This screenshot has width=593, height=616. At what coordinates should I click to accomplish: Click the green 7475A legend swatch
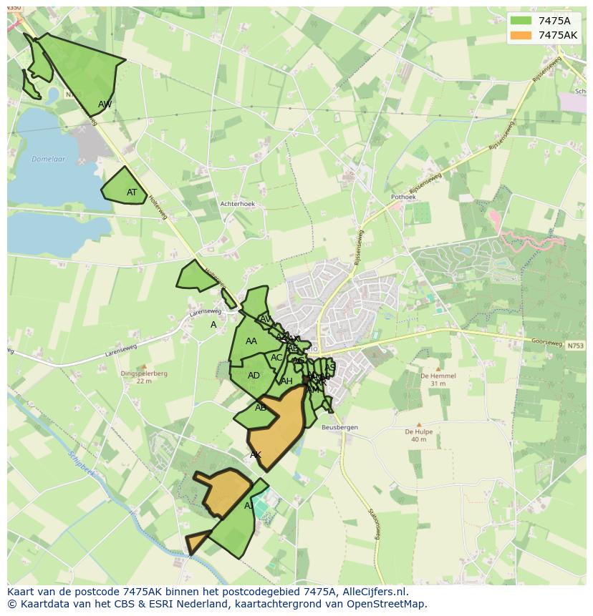click(x=520, y=21)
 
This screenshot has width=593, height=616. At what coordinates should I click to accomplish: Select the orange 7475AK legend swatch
click(x=520, y=35)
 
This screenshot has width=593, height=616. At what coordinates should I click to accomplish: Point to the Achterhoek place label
click(x=238, y=204)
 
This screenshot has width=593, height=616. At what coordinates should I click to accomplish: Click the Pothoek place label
click(x=403, y=197)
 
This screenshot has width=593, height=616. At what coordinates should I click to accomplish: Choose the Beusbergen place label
click(x=339, y=428)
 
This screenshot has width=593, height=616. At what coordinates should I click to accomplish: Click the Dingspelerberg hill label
click(x=144, y=373)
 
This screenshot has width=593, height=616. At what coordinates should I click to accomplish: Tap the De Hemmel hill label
click(x=433, y=376)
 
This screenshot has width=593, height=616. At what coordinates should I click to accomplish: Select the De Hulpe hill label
click(x=419, y=431)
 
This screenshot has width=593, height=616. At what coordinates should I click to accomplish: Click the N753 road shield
click(x=575, y=346)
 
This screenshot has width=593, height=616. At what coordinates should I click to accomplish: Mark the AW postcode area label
click(x=105, y=104)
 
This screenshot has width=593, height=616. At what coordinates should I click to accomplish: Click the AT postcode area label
click(x=132, y=192)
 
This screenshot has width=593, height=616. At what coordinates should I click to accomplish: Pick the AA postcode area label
click(x=251, y=341)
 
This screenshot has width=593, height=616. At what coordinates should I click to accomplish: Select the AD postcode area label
click(x=254, y=376)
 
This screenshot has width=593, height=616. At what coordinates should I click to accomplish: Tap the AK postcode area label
click(x=256, y=455)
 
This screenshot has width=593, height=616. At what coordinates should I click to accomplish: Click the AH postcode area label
click(x=286, y=381)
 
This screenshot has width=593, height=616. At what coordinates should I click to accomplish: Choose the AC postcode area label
click(x=276, y=358)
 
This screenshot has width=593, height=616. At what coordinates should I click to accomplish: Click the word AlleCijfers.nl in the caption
click(x=375, y=592)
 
